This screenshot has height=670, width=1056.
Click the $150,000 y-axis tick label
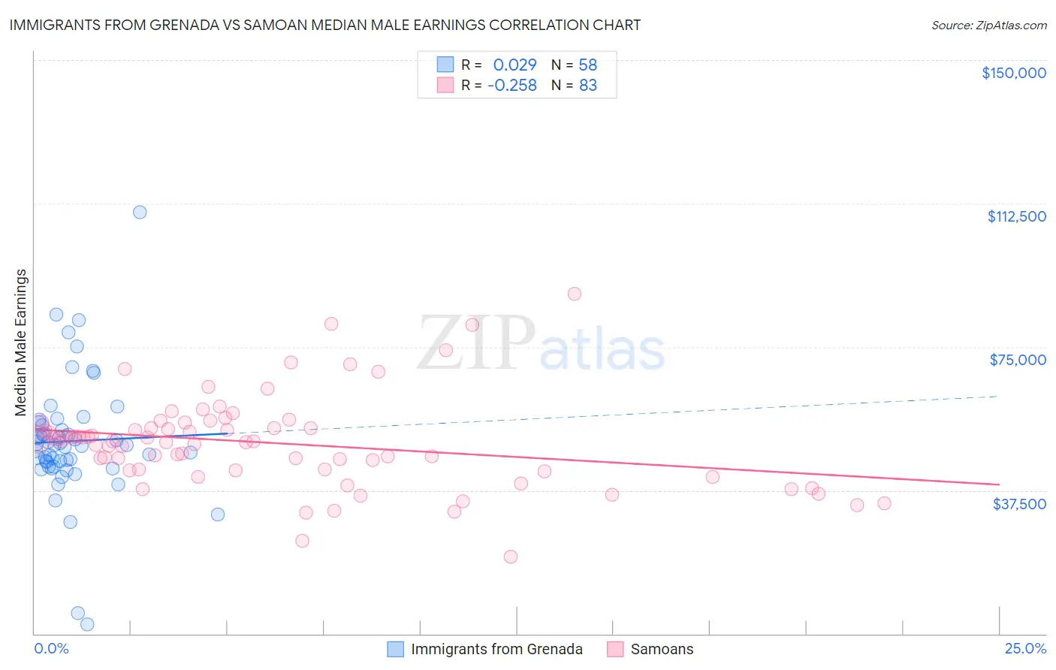tap(1013, 73)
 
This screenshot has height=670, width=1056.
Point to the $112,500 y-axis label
tap(1016, 216)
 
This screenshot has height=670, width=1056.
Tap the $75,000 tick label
tap(1018, 360)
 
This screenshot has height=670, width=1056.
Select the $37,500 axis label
tap(1019, 504)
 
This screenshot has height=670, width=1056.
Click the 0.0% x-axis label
tap(51, 649)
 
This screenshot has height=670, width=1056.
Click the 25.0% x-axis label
tap(1025, 649)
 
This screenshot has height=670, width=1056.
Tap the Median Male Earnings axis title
tap(21, 342)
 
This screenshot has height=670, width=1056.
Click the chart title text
tap(325, 25)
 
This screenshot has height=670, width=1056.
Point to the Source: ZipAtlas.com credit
tap(988, 26)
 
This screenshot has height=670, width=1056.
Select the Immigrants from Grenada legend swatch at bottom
tap(395, 649)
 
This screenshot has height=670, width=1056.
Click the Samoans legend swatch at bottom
tap(615, 649)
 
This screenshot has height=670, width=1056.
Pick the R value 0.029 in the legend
tap(514, 65)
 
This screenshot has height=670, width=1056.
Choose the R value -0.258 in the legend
tap(511, 86)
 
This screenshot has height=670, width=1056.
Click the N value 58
tap(587, 65)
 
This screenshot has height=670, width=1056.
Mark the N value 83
tap(587, 86)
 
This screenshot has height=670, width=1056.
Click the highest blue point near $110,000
tap(140, 212)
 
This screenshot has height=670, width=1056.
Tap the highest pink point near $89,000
tap(575, 294)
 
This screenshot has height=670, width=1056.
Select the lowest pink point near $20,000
tap(511, 557)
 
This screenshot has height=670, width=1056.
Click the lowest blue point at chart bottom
tap(87, 624)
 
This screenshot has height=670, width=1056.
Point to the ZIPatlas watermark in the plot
tap(541, 344)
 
